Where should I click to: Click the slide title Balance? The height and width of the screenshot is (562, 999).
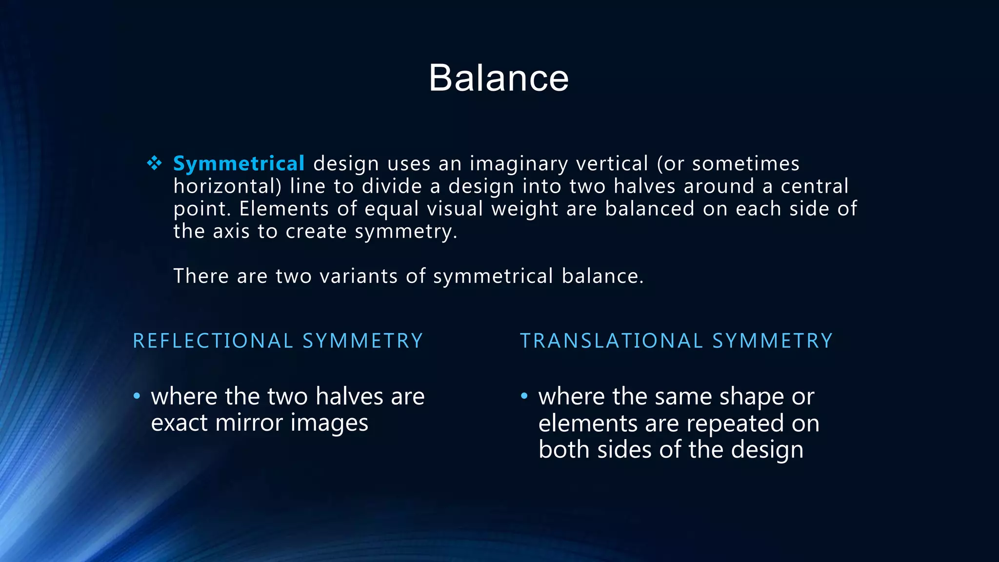pos(499,78)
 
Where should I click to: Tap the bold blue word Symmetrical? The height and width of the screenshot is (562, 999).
pos(239,163)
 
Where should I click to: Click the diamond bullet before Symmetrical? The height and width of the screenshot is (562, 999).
pos(154,163)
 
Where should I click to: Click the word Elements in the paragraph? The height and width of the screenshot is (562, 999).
pos(284,209)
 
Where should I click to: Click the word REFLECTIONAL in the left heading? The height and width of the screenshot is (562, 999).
pos(213,341)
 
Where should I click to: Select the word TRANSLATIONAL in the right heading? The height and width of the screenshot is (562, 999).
pos(612,341)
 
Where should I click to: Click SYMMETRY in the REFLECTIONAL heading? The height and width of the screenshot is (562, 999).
pos(362,341)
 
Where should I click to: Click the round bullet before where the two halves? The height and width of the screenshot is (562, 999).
pos(137,396)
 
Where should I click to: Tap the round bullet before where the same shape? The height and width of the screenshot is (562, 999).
pos(524,396)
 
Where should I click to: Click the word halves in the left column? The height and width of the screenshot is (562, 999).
pos(349,396)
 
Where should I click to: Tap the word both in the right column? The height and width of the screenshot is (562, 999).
pos(564,449)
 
